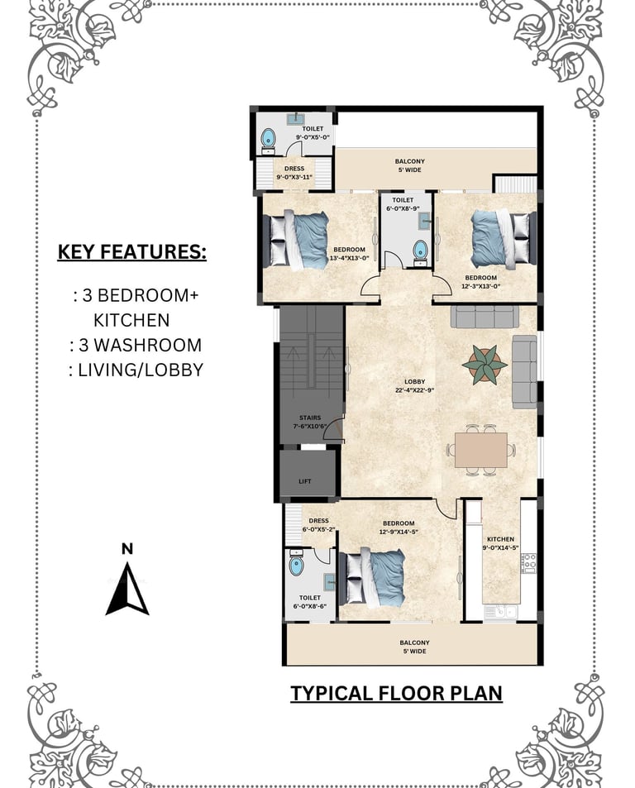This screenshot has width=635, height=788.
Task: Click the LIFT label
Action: pyautogui.click(x=305, y=481)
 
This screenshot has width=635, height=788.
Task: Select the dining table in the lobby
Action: pyautogui.click(x=481, y=451)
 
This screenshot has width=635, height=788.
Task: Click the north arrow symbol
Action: pyautogui.click(x=127, y=589)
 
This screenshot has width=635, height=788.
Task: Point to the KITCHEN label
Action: pyautogui.click(x=500, y=539)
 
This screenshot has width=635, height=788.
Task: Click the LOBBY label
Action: pyautogui.click(x=415, y=382)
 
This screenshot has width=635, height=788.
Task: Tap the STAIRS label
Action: pyautogui.click(x=310, y=418)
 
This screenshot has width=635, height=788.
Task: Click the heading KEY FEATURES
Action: pyautogui.click(x=132, y=251)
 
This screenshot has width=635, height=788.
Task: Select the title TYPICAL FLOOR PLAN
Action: pyautogui.click(x=396, y=693)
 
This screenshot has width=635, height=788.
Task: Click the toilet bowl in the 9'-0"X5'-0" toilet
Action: pyautogui.click(x=268, y=138)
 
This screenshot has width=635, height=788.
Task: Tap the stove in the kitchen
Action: pyautogui.click(x=528, y=563)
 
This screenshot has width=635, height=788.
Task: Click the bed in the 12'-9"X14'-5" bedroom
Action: pyautogui.click(x=372, y=578)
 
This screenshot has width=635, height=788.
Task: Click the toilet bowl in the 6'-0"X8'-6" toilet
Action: pyautogui.click(x=296, y=565)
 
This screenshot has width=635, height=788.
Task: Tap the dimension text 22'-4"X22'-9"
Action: pyautogui.click(x=415, y=390)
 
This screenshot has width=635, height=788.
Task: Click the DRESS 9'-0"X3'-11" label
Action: pyautogui.click(x=294, y=173)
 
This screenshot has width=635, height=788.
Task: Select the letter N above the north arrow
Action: pyautogui.click(x=127, y=549)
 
